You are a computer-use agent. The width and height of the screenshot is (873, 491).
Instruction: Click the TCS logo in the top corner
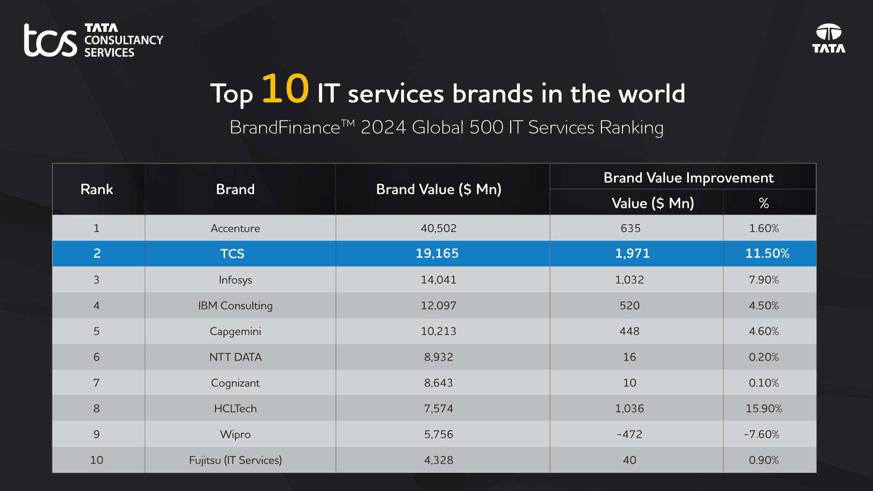[x=93, y=40]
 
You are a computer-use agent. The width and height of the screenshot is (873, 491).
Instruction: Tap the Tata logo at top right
[x=828, y=39]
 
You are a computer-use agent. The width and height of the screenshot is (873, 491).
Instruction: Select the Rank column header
[x=96, y=189]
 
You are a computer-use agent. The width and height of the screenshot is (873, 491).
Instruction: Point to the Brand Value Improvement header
[x=688, y=178]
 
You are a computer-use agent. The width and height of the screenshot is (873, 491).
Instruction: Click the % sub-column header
[x=764, y=203]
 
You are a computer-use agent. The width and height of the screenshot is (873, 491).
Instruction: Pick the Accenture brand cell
[x=235, y=228]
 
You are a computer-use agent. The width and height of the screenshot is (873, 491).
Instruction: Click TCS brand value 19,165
[x=437, y=254]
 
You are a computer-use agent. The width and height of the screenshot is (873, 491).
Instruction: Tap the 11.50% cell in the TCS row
[x=767, y=254]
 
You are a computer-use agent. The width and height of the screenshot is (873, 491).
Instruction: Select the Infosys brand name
[x=235, y=280]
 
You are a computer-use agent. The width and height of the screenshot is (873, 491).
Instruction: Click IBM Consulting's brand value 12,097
[x=438, y=306]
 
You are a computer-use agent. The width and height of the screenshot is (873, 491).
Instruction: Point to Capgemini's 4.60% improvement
[x=764, y=331]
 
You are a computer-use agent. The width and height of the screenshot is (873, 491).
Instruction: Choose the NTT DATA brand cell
[x=235, y=357]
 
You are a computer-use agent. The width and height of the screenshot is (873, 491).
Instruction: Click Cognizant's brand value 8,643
[x=438, y=383]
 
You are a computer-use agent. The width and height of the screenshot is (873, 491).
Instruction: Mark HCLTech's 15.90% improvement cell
[x=764, y=409]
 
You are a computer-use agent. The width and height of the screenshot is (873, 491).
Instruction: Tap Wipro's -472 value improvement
[x=630, y=434]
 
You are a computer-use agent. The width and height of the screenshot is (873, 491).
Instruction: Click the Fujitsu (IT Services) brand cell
[x=235, y=460]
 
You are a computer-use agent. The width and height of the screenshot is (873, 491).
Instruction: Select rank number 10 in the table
[x=96, y=460]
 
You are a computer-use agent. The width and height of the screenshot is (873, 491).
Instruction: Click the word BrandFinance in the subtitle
[x=285, y=128]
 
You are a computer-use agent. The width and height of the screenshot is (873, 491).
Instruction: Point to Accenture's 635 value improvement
[x=630, y=228]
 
